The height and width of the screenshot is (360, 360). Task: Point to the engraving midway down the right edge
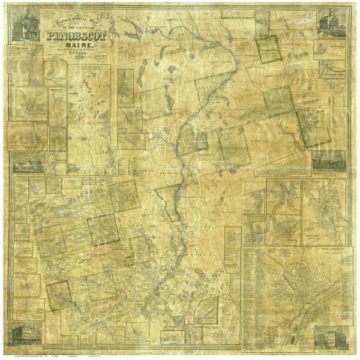329,160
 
